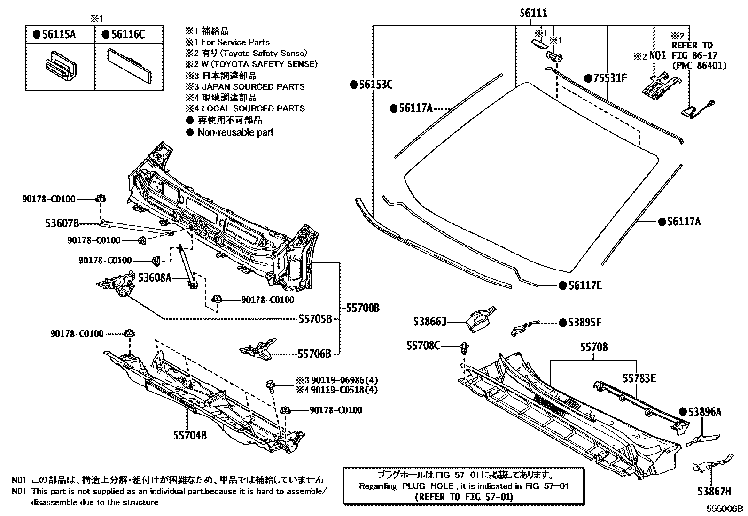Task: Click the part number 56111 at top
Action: [533, 14]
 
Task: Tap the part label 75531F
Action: [609, 78]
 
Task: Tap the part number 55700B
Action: [363, 308]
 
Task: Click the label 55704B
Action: [190, 435]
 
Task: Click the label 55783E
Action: [639, 377]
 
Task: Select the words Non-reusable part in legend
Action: [235, 132]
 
